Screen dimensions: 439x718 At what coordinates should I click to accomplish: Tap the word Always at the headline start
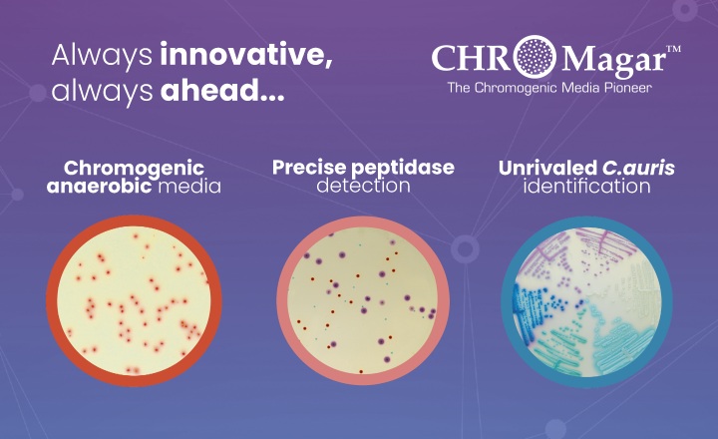coord(101,56)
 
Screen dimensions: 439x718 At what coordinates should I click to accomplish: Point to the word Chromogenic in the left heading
coord(134,168)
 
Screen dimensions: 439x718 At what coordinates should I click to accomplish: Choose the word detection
coord(363,186)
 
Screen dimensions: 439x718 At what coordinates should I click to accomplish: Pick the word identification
coord(586,186)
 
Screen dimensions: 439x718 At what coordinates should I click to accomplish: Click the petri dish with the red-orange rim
coord(134,299)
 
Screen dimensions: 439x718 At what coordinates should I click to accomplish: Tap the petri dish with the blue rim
coord(586,299)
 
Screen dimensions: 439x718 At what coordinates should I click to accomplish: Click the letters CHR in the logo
coord(469,60)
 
